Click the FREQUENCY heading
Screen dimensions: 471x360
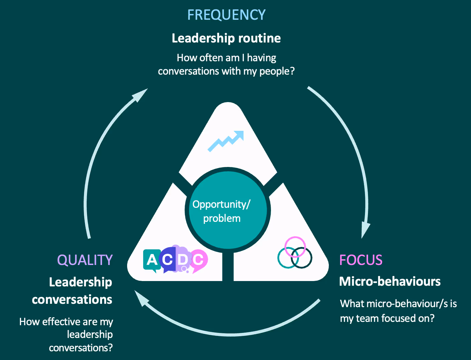tap(226, 15)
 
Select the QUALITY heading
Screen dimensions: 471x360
tap(85, 260)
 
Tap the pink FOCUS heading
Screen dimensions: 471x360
tap(361, 260)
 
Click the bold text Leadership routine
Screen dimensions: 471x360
tap(226, 38)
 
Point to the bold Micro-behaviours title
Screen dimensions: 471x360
tap(390, 281)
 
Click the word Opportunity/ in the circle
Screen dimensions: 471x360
tap(221, 204)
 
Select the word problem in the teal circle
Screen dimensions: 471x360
tap(222, 218)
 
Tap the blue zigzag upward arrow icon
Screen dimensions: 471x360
tap(226, 141)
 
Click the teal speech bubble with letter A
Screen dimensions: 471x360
tap(152, 260)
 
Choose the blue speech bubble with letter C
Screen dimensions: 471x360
tap(167, 260)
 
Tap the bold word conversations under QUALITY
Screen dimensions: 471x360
tap(72, 300)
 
